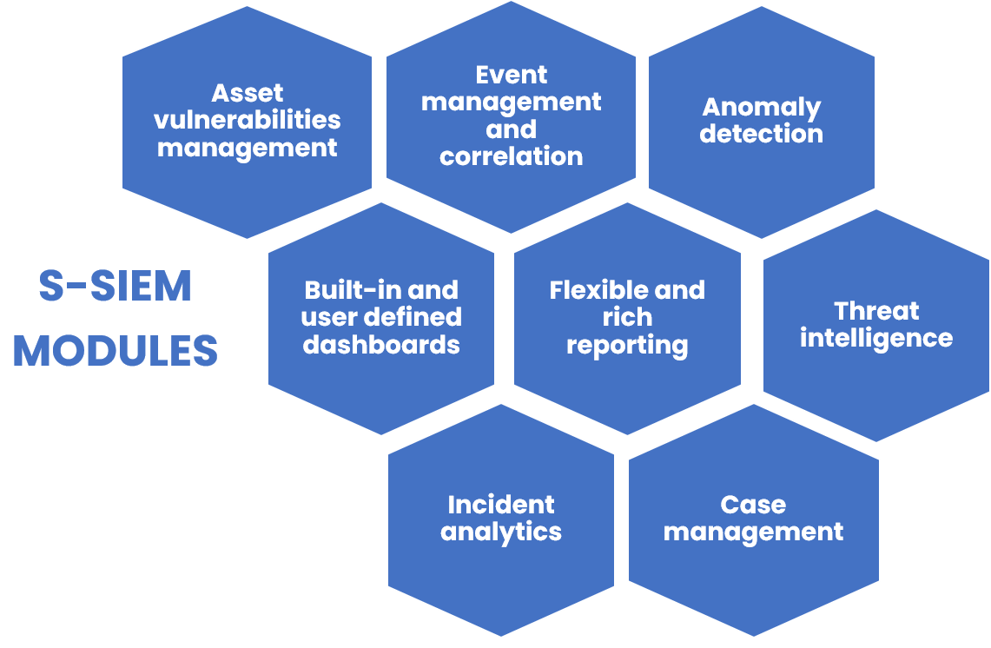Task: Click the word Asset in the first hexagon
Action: pos(248,93)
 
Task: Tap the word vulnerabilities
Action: pos(248,120)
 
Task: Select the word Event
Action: pos(512,75)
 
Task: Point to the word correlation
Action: pos(512,156)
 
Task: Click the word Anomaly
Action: pos(762,107)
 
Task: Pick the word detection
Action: pos(762,134)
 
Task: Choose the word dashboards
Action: pos(381,344)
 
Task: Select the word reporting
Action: pos(627,345)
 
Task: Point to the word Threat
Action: pos(876,311)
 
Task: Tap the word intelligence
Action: pos(876,338)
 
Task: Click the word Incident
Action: pos(501,505)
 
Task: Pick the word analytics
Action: pos(501,532)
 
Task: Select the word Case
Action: pos(753,505)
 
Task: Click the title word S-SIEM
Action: pos(116,287)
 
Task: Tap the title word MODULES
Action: pos(116,351)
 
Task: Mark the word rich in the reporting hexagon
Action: pos(627,317)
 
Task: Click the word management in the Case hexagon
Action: pos(753,532)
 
